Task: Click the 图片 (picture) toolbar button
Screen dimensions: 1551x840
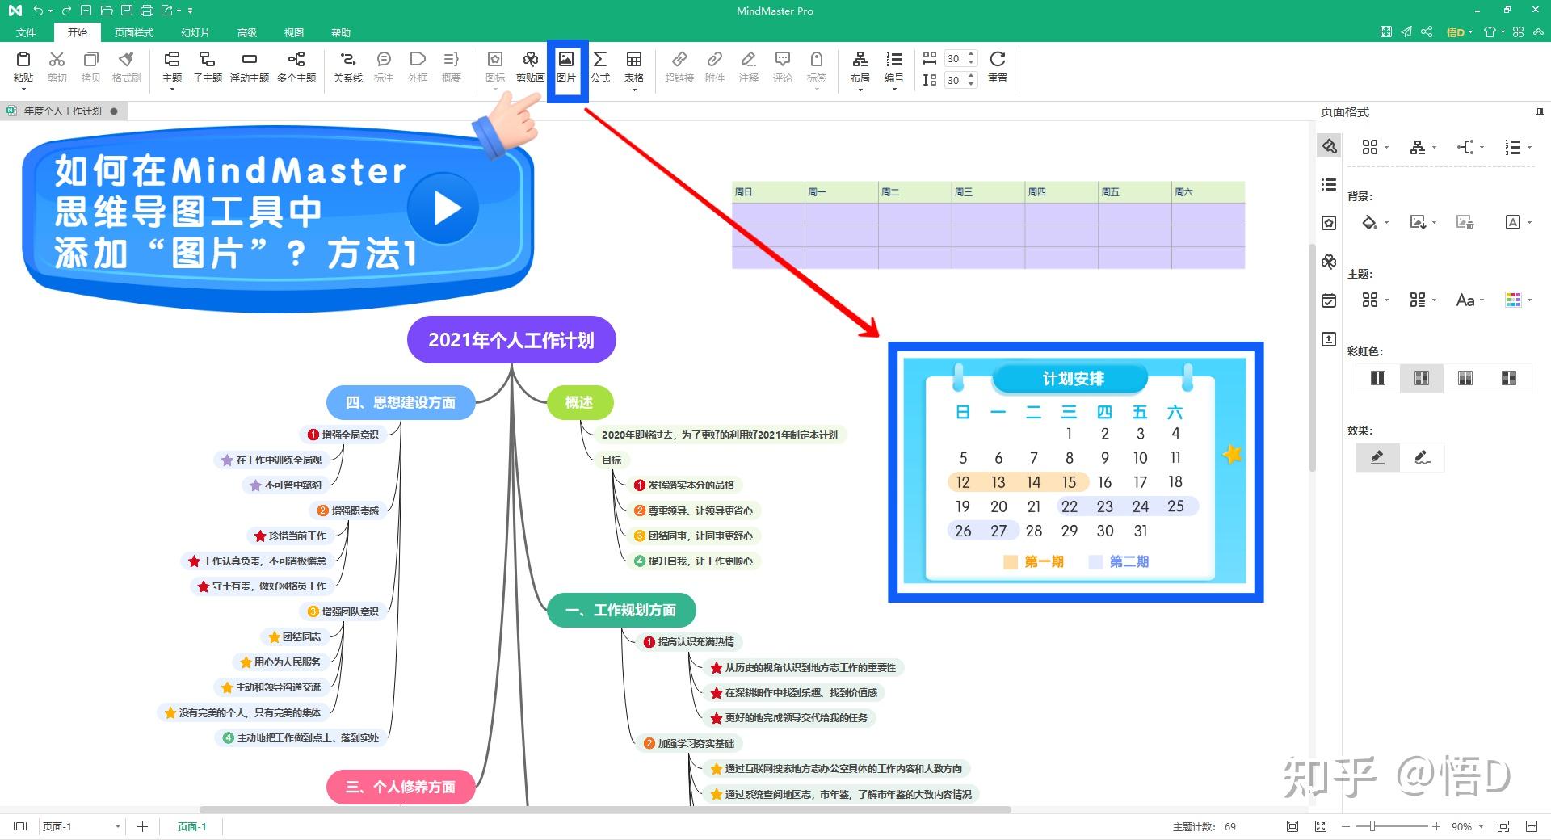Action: click(x=566, y=66)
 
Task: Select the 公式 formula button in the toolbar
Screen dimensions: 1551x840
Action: click(x=600, y=66)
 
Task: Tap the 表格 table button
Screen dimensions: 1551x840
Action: click(x=634, y=66)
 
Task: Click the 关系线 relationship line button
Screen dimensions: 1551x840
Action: click(x=348, y=66)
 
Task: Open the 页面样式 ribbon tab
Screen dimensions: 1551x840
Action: click(x=134, y=32)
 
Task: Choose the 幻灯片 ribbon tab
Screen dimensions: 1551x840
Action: click(x=195, y=32)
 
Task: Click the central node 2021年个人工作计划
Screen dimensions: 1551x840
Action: click(x=511, y=340)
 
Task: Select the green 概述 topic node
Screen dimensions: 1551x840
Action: click(x=579, y=402)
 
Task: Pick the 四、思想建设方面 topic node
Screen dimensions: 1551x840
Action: click(x=401, y=402)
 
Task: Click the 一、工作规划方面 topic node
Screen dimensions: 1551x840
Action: click(x=621, y=610)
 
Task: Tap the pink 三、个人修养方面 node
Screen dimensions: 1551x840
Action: click(x=401, y=787)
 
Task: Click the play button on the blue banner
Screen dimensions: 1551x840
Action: click(x=443, y=208)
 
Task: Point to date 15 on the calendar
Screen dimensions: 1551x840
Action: click(x=1069, y=482)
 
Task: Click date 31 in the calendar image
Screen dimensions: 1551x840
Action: click(x=1140, y=531)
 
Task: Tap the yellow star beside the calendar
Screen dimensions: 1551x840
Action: click(x=1232, y=455)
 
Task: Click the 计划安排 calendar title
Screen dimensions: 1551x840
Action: click(x=1073, y=379)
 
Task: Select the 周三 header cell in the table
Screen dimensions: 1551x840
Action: click(x=988, y=192)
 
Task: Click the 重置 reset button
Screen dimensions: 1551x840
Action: click(x=998, y=66)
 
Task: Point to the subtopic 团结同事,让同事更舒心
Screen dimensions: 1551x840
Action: click(x=700, y=535)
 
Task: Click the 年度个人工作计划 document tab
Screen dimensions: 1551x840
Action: click(x=63, y=111)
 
